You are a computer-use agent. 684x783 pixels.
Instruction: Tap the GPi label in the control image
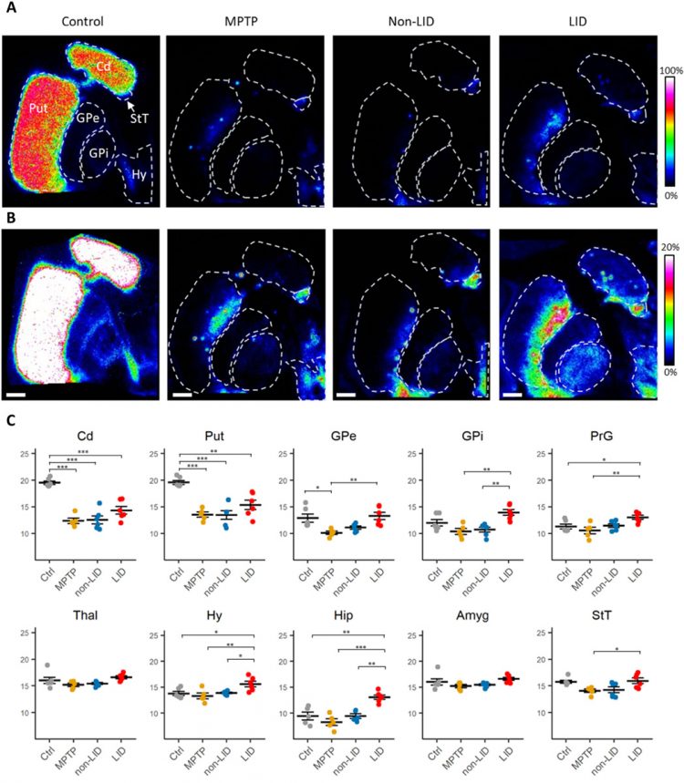tap(98, 152)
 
